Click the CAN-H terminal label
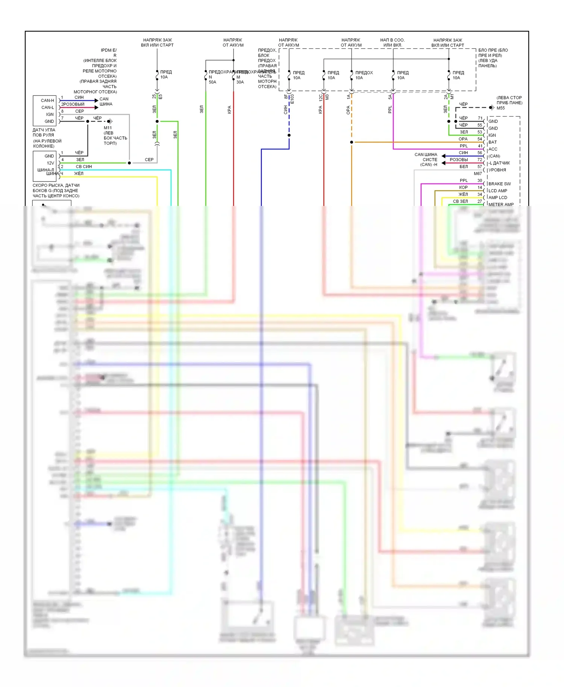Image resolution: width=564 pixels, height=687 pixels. tap(47, 100)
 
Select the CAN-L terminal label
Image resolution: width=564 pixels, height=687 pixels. tap(47, 107)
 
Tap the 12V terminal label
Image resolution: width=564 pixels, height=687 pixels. tap(50, 163)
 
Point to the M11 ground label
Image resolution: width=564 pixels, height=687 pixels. tap(108, 128)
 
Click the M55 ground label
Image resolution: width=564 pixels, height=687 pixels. tap(501, 108)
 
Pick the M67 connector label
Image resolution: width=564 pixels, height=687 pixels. tap(478, 174)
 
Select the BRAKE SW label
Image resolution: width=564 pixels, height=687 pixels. tap(500, 184)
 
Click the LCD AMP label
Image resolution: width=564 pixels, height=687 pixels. tap(498, 191)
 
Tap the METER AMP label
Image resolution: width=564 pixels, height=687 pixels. tap(501, 204)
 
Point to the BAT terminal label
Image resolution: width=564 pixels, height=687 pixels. tap(493, 142)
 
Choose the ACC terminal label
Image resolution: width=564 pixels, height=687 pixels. tap(493, 149)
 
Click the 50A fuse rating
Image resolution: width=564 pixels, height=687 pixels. tap(212, 82)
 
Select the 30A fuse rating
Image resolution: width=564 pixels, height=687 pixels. tap(240, 82)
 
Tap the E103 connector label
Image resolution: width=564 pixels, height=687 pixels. tap(293, 99)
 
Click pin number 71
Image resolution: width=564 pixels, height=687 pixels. tap(480, 118)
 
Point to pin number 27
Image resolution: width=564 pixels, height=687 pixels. tap(480, 201)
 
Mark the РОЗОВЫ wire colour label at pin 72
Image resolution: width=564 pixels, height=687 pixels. tap(459, 160)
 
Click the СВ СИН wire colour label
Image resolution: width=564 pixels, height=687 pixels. tap(84, 166)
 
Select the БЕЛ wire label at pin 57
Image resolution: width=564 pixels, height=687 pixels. tap(464, 166)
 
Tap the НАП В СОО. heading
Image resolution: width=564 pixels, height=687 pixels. tap(393, 40)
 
